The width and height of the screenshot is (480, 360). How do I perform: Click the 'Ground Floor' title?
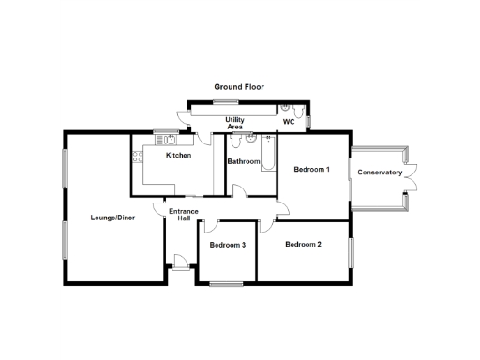point(239,87)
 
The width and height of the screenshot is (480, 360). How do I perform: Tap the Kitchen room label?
point(179,155)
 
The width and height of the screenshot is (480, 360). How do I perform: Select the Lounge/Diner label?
point(111,218)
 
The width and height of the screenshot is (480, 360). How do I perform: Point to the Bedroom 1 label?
point(311,170)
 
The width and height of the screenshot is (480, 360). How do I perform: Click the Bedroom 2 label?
point(303,245)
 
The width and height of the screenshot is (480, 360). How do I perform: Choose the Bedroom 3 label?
point(227,246)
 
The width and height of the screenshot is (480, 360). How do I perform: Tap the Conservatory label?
point(380,172)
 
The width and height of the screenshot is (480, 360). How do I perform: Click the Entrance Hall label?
point(184,215)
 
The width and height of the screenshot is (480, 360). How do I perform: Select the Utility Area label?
point(234,123)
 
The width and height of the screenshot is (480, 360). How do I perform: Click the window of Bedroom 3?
point(226,282)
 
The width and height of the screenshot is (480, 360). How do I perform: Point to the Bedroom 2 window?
point(352,253)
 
